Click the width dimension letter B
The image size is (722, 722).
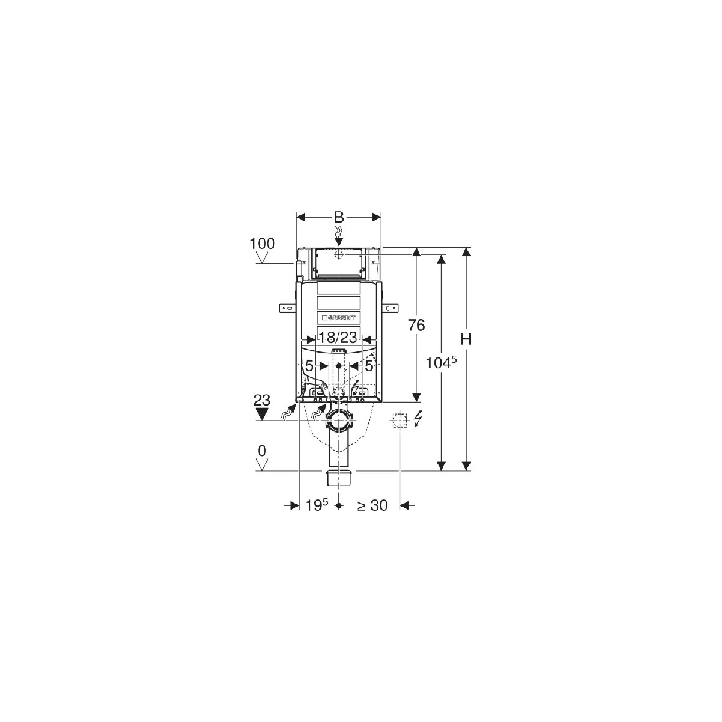pos(339,217)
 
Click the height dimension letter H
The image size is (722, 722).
pos(466,339)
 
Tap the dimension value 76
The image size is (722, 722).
pos(416,326)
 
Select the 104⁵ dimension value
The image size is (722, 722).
pos(442,362)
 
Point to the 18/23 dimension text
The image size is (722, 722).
pos(337,338)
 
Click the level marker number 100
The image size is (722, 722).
pos(262,244)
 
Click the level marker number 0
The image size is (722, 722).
pos(262,451)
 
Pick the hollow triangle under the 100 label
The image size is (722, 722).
pos(262,257)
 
